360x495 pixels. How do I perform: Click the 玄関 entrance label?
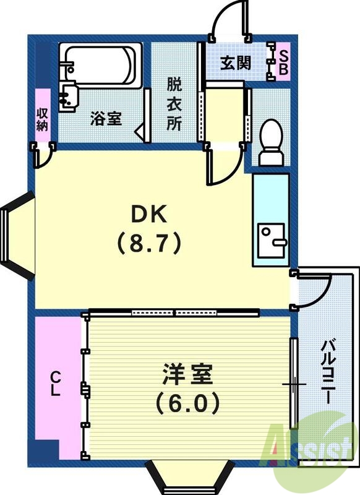(x=236, y=63)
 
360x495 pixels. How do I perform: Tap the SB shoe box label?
(x=283, y=62)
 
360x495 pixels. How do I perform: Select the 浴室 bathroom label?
(x=106, y=119)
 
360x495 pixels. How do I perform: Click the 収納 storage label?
(x=42, y=118)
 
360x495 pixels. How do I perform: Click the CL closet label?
(x=56, y=384)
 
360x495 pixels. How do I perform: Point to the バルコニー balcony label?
(x=328, y=371)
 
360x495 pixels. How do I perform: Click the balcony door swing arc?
(x=317, y=291)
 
